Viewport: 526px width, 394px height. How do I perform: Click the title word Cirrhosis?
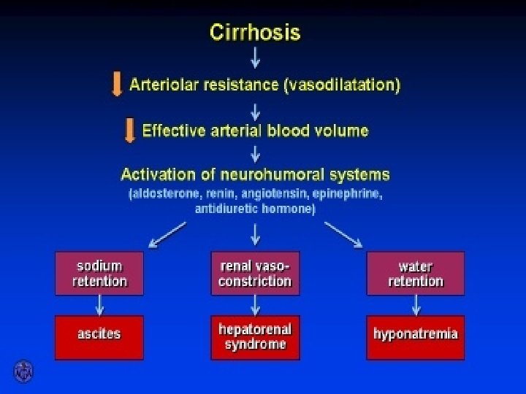[x=255, y=33]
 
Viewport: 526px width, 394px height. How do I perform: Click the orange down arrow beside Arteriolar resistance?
[x=116, y=85]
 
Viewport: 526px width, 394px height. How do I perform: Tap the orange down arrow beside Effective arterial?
[x=129, y=131]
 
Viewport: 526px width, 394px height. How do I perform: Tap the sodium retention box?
[x=99, y=274]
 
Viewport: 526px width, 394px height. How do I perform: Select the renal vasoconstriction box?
[x=255, y=274]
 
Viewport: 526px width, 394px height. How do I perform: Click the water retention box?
[x=415, y=274]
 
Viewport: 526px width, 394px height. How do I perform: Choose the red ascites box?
[x=99, y=337]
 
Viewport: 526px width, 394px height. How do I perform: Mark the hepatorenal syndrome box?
[x=255, y=337]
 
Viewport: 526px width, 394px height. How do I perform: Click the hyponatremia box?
[x=415, y=337]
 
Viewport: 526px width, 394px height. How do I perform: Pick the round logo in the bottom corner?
[x=23, y=371]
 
